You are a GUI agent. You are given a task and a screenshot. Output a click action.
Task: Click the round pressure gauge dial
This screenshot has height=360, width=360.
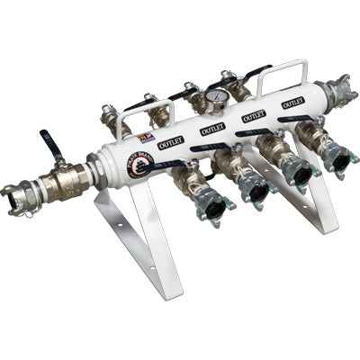point(215,95)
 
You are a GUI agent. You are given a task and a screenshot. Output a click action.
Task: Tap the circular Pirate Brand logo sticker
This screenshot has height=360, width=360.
point(140,163)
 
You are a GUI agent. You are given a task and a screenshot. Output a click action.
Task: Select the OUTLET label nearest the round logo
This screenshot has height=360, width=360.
point(170,142)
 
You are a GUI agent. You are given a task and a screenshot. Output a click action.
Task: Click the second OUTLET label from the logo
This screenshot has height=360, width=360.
point(212,129)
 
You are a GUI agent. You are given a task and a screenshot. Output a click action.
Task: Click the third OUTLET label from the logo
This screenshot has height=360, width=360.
point(254,115)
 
